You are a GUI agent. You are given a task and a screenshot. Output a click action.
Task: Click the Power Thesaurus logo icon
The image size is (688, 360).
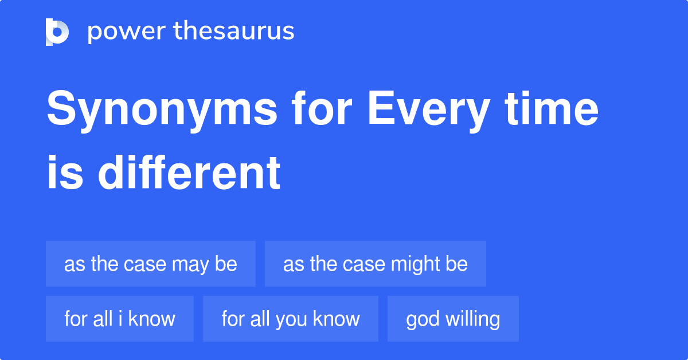(57, 32)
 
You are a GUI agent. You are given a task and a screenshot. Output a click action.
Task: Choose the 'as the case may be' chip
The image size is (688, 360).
(151, 264)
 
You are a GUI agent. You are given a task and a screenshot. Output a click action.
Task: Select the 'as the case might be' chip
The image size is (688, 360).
(376, 264)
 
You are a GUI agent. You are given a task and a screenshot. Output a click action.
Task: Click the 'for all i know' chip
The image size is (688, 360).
(120, 319)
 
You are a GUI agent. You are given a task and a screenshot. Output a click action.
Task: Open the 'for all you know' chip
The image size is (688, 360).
(291, 319)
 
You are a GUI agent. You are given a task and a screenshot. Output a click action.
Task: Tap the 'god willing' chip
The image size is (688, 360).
(453, 319)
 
